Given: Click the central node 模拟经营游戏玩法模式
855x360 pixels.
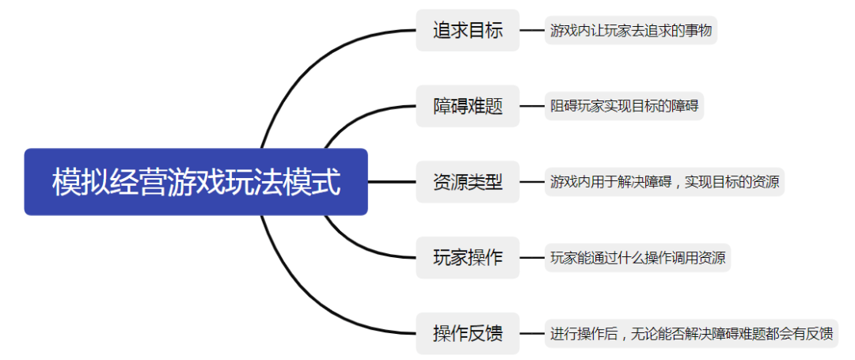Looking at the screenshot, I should click(196, 182).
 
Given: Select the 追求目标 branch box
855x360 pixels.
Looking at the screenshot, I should click(467, 31).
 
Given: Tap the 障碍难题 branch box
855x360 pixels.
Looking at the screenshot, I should click(467, 106).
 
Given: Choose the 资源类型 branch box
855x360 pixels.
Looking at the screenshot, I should click(467, 182).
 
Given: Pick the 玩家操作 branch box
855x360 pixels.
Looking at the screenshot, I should click(467, 257).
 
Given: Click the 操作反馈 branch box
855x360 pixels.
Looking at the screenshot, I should click(467, 333).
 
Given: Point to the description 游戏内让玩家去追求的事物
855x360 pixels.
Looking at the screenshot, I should click(631, 31).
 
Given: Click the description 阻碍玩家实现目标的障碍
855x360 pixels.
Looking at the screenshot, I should click(624, 106).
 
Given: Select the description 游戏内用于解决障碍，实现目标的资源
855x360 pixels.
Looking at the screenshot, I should click(664, 182).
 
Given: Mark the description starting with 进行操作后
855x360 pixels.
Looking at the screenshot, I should click(691, 333).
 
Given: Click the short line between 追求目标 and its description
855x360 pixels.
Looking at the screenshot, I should click(532, 31).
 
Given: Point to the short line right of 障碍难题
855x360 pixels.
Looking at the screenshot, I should click(532, 106).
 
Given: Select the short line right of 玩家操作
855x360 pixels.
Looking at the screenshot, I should click(532, 257).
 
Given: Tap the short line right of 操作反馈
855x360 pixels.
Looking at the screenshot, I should click(532, 333).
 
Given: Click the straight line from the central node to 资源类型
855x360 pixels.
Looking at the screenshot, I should click(392, 182).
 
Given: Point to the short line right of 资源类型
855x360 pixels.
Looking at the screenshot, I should click(532, 182).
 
